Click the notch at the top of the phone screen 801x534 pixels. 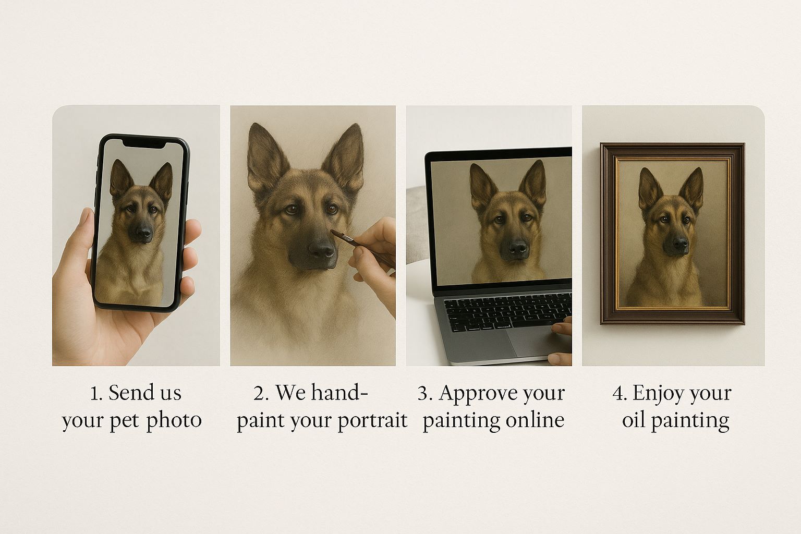pyautogui.click(x=144, y=144)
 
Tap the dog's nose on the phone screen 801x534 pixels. pyautogui.click(x=144, y=233)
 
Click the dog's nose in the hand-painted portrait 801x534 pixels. pyautogui.click(x=321, y=249)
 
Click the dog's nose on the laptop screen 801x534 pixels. pyautogui.click(x=518, y=247)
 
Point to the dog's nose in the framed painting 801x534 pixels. pyautogui.click(x=680, y=243)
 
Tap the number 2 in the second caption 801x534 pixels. pyautogui.click(x=259, y=393)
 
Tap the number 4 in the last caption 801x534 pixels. pyautogui.click(x=618, y=393)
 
